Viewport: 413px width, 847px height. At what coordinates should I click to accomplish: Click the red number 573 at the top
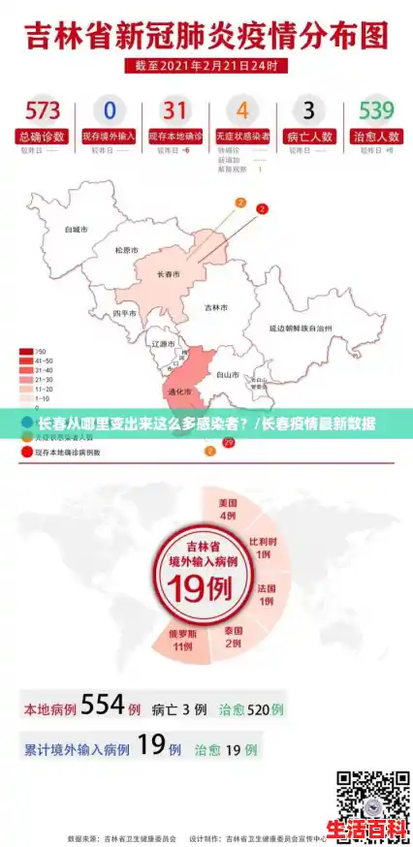[x=43, y=109]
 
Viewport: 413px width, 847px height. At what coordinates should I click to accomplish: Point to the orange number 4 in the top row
[x=242, y=110]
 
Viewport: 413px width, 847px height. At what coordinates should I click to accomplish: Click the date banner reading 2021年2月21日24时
[x=206, y=67]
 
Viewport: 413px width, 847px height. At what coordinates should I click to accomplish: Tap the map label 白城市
[x=76, y=231]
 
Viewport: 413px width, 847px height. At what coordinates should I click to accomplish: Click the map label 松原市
[x=126, y=249]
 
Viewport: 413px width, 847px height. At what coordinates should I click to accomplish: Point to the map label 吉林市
[x=215, y=308]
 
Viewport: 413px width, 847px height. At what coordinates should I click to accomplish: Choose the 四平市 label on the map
[x=124, y=314]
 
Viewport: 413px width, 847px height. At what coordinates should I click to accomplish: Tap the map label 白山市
[x=227, y=373]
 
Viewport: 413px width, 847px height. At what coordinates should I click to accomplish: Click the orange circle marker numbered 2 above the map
[x=240, y=204]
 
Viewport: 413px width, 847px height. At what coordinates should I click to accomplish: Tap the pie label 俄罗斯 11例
[x=181, y=641]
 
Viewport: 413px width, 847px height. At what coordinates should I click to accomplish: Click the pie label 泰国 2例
[x=233, y=636]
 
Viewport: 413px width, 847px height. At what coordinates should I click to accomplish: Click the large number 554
[x=104, y=706]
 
